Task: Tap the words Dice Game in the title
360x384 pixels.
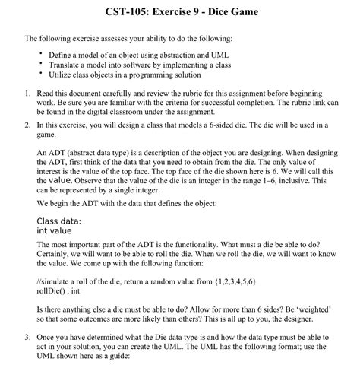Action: [x=236, y=13]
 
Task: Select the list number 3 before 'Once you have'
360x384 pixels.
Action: [x=27, y=336]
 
